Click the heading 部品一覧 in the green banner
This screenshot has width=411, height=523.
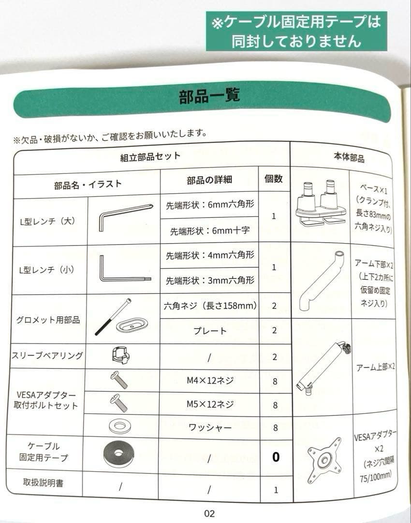coord(209,96)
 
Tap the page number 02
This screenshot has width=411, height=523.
coord(209,513)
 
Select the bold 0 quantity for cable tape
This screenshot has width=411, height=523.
coord(276,457)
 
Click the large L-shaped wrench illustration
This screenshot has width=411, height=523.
coord(125,216)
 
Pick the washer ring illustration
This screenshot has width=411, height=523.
coord(120,426)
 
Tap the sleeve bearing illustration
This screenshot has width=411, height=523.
coord(120,355)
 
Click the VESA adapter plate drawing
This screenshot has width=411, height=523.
coord(324,461)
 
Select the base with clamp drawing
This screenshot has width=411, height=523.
coord(321,204)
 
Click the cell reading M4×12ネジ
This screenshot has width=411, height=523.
coord(210,381)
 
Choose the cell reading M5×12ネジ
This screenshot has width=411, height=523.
coord(210,404)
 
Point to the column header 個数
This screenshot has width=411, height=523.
coord(274,179)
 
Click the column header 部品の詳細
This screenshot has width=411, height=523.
coord(209,180)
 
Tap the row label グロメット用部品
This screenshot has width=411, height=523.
coord(48,320)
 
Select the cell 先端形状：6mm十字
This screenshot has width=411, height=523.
coord(210,231)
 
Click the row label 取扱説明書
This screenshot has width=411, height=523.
coord(43,483)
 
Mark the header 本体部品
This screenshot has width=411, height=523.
coord(349,157)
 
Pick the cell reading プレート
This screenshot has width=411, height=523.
coord(210,331)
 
